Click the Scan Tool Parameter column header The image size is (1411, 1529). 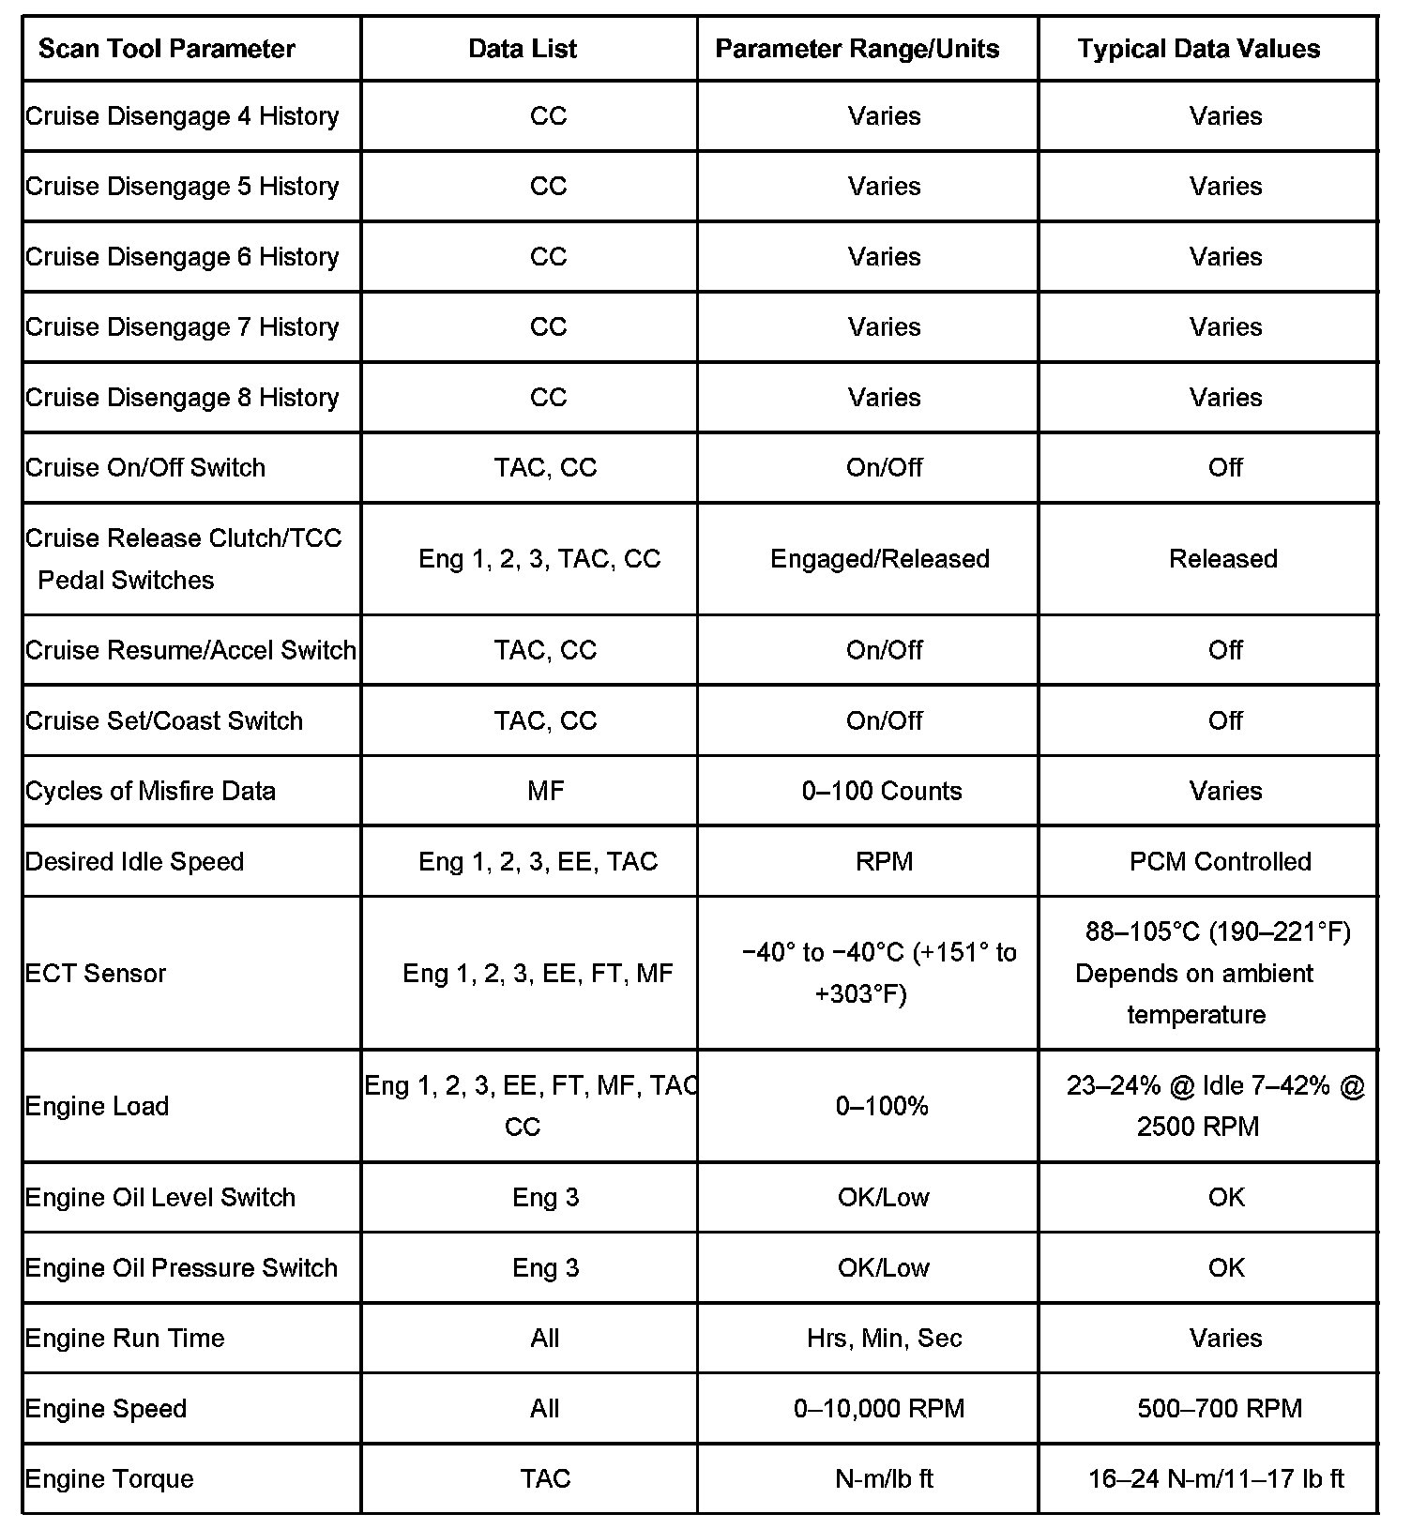[167, 49]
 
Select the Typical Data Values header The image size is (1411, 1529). [1198, 49]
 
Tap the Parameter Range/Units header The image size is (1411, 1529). [857, 49]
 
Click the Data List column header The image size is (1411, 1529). [523, 49]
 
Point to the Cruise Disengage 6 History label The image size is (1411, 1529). [182, 257]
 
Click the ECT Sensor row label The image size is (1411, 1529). [96, 974]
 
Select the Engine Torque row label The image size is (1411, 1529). [110, 1479]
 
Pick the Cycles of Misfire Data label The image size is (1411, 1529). [151, 792]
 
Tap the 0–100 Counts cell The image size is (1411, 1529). [882, 792]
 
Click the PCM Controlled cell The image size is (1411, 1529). [1220, 862]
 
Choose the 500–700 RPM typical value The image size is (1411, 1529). [1220, 1409]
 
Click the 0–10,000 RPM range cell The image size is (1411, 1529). [879, 1409]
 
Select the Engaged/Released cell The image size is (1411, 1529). [880, 559]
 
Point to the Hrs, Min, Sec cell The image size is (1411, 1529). [884, 1339]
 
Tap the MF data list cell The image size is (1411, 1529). [546, 792]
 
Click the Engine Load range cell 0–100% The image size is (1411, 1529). [882, 1107]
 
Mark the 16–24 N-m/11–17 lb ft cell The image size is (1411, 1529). [1216, 1479]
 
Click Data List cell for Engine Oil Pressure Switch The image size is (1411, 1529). [546, 1268]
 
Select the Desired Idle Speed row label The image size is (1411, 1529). [135, 862]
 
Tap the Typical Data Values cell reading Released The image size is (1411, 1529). [1222, 559]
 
